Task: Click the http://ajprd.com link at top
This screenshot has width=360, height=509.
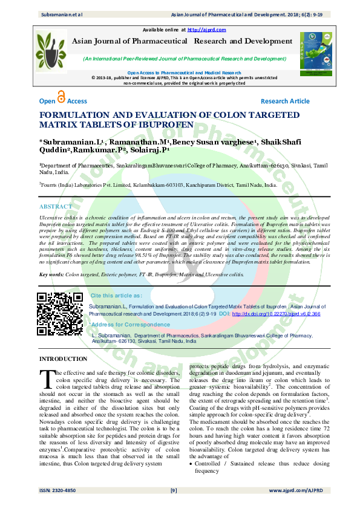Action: pyautogui.click(x=207, y=30)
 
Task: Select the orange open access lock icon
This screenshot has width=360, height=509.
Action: pyautogui.click(x=61, y=97)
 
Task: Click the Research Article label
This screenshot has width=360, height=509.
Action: pyautogui.click(x=285, y=101)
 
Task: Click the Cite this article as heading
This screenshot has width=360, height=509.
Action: pyautogui.click(x=116, y=295)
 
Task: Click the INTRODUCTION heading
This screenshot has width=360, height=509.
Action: pyautogui.click(x=63, y=360)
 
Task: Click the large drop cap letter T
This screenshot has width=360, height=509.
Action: pyautogui.click(x=47, y=378)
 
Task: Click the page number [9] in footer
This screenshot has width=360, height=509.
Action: pyautogui.click(x=174, y=490)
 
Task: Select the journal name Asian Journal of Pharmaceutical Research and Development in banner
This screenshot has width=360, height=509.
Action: pyautogui.click(x=182, y=41)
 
